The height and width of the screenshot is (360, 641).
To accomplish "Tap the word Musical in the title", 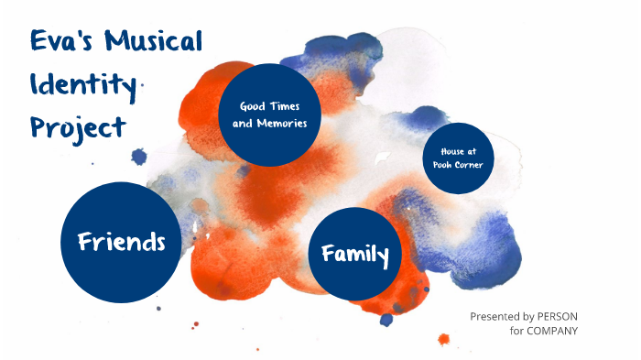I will [x=153, y=42].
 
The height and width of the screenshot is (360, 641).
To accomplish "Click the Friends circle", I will [x=120, y=242].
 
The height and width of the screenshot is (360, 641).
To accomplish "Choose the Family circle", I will [x=355, y=254].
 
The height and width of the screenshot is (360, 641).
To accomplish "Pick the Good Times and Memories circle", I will [x=269, y=115].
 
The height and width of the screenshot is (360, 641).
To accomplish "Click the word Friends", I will [x=121, y=242].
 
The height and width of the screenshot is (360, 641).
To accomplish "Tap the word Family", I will [x=355, y=254].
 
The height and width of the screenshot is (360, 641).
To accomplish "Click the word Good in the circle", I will [x=253, y=106].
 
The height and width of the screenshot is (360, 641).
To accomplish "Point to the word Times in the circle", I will [x=285, y=106].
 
